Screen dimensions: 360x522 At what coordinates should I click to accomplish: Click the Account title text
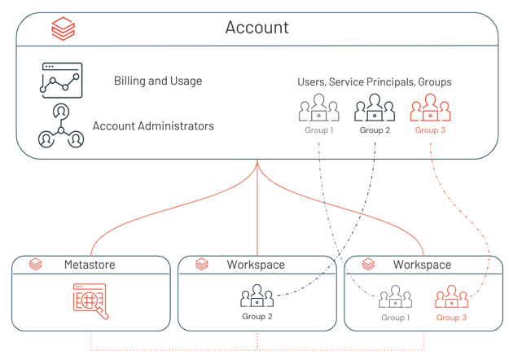click(x=257, y=28)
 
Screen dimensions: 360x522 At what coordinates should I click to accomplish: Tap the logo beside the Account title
click(x=63, y=29)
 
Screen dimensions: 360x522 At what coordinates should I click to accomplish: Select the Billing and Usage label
click(x=158, y=81)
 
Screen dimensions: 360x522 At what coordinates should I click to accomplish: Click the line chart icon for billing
click(x=62, y=81)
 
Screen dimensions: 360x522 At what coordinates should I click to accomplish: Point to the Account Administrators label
click(x=153, y=126)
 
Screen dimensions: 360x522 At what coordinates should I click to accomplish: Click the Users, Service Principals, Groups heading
click(x=375, y=82)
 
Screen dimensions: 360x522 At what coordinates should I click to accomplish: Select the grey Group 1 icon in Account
click(x=318, y=108)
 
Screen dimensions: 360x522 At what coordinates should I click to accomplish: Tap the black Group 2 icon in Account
click(x=375, y=108)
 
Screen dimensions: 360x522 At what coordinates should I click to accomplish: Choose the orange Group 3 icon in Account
click(x=430, y=108)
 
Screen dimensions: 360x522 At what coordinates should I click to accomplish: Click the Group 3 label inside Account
click(x=430, y=130)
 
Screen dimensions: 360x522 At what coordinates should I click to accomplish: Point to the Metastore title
click(x=90, y=265)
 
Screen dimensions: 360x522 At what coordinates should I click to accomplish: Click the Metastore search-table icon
click(x=90, y=301)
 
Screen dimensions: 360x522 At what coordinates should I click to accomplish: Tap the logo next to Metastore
click(x=36, y=265)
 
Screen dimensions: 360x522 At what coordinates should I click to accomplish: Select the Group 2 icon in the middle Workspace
click(x=257, y=296)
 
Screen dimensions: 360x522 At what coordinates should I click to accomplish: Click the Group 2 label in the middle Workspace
click(x=257, y=317)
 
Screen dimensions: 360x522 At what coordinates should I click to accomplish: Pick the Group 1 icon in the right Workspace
click(x=396, y=297)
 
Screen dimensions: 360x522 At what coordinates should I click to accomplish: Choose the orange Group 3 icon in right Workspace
click(x=451, y=297)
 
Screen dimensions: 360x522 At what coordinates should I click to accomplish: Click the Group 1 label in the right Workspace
click(x=396, y=318)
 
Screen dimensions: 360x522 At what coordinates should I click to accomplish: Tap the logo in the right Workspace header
click(x=368, y=265)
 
